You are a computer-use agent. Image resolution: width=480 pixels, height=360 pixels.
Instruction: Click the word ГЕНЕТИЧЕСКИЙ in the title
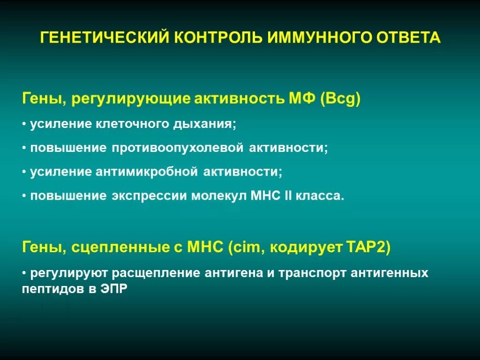click(x=105, y=37)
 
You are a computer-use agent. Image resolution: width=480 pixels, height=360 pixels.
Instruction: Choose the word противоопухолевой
click(x=177, y=148)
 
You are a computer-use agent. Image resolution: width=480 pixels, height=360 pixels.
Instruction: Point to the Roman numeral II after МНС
click(x=288, y=196)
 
